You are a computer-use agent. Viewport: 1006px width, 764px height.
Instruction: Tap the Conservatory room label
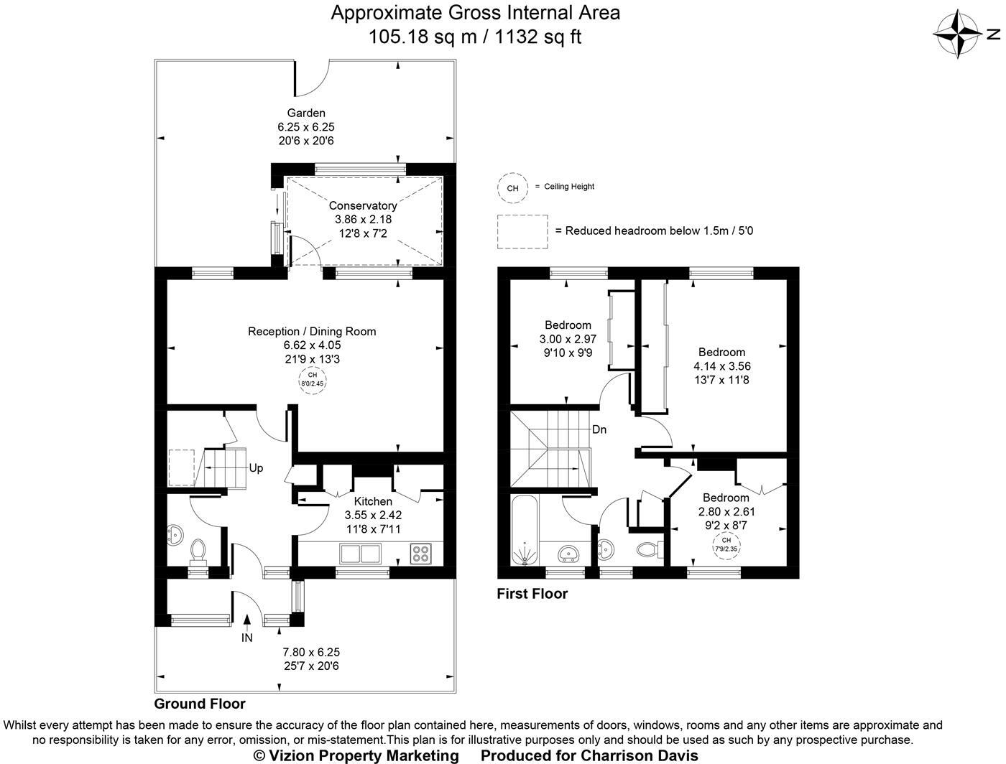coord(363,206)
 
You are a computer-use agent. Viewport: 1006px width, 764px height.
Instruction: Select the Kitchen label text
coord(373,501)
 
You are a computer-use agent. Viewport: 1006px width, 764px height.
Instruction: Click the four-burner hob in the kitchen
coord(420,554)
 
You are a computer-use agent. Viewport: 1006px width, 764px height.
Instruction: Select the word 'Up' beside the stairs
coord(256,468)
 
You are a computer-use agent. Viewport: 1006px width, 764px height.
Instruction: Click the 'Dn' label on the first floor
coord(599,429)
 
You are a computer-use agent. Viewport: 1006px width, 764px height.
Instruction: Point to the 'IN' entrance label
coord(247,637)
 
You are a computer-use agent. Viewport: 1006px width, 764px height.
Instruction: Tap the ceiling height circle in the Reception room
coord(312,379)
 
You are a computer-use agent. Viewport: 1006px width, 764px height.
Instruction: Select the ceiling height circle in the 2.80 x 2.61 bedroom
coord(726,544)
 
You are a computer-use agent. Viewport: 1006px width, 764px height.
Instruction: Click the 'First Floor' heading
coord(532,594)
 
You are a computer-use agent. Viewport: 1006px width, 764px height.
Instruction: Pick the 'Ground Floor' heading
coord(200,704)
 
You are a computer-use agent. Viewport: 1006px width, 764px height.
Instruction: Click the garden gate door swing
coord(312,79)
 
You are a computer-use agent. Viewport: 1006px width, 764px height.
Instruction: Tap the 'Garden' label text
coord(306,113)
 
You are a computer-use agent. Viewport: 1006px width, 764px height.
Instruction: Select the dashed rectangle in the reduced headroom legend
coord(522,231)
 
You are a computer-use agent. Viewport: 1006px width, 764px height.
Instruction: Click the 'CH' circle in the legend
coord(512,188)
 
